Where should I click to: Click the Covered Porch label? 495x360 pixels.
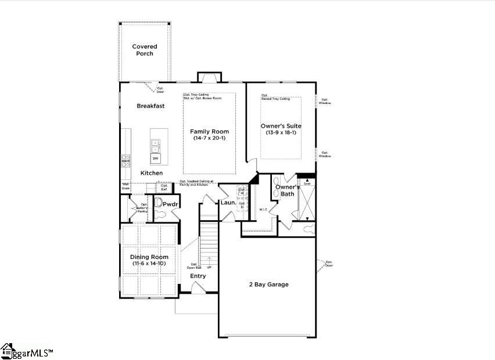pos(145,50)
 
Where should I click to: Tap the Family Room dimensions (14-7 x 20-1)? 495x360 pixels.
pos(209,138)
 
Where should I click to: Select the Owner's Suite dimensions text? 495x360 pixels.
pos(281,132)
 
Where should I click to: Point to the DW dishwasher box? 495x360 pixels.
pos(155,158)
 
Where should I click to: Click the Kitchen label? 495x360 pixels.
pos(152,173)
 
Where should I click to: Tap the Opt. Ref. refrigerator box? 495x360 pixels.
pos(164,187)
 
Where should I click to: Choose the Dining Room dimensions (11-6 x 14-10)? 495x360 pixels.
pos(149,264)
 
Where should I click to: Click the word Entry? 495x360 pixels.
pos(198,276)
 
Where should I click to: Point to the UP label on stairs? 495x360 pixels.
pos(209,267)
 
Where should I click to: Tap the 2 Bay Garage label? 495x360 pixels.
pos(269,285)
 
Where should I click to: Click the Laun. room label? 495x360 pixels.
pos(227,203)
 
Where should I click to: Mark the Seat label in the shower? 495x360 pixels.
pos(307,183)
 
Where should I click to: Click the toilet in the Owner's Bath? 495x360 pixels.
pos(307,230)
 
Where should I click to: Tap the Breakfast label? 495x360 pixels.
pos(150,106)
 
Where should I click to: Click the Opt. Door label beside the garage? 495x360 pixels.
pos(329,264)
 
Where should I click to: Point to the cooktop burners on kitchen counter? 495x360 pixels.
pos(125,161)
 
